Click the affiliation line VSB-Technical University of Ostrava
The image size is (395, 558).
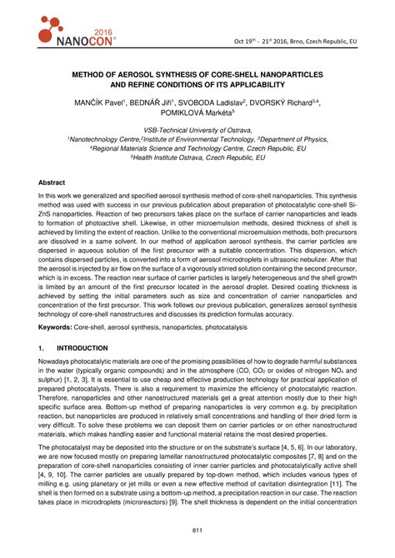pyautogui.click(x=197, y=131)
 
